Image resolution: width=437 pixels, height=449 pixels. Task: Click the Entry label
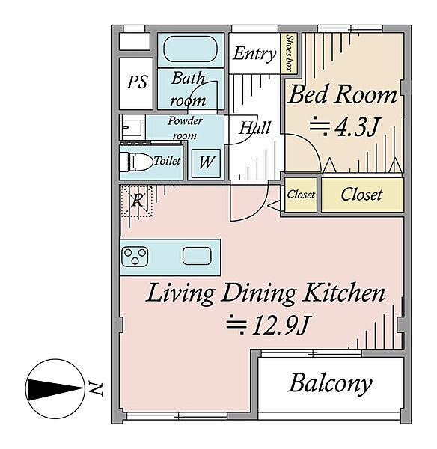point(254,54)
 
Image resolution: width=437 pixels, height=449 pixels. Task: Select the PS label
point(137,82)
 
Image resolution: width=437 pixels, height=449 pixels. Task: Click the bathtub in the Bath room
point(190,49)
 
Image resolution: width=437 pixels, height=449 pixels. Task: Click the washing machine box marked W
point(206,162)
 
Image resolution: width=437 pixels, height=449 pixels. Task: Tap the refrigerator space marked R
point(136,201)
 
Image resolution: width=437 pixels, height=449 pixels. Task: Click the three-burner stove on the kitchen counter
point(135,256)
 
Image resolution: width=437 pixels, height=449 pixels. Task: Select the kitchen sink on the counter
point(197,256)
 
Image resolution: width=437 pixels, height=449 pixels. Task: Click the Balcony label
point(330,383)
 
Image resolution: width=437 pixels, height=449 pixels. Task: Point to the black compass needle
point(54,389)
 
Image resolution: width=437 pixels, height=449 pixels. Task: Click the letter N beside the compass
point(95,388)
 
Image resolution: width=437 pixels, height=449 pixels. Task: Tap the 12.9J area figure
point(268,326)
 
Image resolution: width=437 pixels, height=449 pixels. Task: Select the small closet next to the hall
point(301,195)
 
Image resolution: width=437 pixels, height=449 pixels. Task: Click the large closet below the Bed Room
point(362,195)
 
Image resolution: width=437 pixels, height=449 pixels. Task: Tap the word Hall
point(254,128)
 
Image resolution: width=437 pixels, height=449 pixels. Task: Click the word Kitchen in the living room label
point(344,293)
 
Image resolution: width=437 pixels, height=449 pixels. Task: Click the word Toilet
point(167,161)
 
